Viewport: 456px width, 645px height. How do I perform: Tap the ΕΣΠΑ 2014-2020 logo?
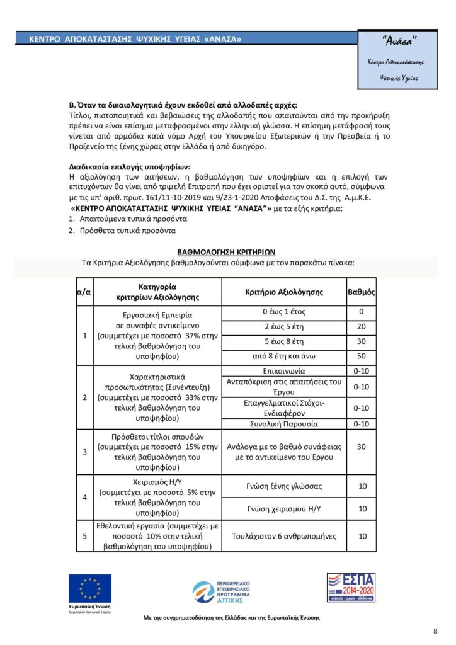[350, 588]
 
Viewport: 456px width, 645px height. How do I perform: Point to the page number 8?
[435, 631]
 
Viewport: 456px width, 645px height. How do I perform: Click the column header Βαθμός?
[362, 292]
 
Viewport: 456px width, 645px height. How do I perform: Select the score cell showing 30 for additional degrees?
[362, 446]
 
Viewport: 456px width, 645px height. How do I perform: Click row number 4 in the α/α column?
[85, 497]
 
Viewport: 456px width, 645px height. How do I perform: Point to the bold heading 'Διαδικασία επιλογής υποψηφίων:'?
[129, 168]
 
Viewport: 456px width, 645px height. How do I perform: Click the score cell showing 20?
[362, 327]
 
